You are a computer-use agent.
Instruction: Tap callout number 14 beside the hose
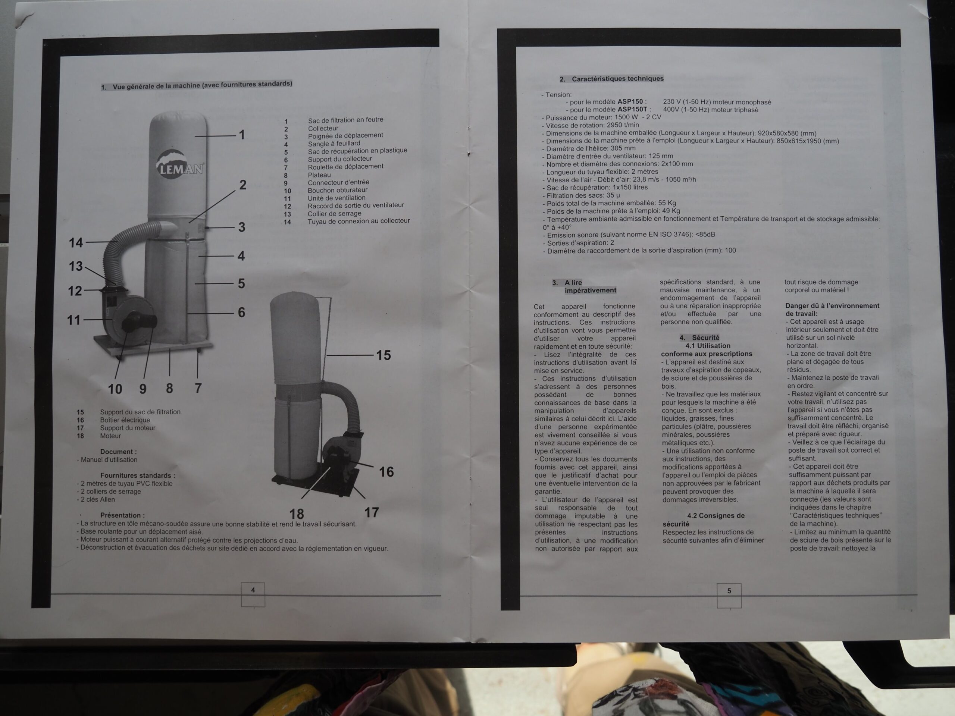coord(76,242)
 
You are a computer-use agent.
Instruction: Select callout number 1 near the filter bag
coord(242,135)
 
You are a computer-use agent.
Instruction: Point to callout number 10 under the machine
coord(115,389)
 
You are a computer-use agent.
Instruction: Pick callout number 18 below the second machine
coord(297,514)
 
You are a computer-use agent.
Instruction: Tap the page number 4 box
coord(253,595)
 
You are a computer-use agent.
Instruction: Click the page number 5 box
coord(729,596)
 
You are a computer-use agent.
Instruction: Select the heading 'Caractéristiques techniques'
coord(618,79)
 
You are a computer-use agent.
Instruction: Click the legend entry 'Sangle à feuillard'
coord(334,143)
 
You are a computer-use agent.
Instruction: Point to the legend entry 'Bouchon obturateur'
coord(338,190)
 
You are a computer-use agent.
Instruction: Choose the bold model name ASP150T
coord(633,110)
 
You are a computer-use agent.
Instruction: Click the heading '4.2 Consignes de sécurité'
coord(703,519)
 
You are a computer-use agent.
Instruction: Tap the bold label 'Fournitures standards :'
coord(138,475)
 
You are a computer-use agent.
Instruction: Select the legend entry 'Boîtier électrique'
coord(125,420)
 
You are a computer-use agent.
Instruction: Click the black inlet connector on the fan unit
coord(140,322)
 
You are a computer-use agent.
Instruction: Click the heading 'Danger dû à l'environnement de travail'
coord(832,310)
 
